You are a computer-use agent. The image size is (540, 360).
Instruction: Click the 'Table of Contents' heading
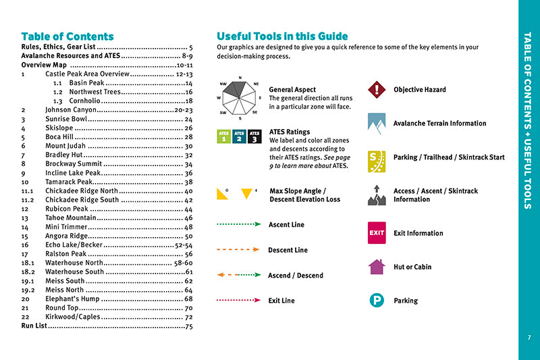(67, 36)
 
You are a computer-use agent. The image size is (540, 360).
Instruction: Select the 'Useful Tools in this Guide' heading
(282, 36)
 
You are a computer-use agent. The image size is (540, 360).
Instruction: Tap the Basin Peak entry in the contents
(87, 83)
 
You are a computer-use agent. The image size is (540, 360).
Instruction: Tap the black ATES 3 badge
(254, 137)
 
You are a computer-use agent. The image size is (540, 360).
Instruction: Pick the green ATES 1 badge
(224, 137)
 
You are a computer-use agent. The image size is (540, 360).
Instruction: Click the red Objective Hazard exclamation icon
(376, 90)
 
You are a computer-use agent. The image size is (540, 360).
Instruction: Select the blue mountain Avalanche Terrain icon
(376, 123)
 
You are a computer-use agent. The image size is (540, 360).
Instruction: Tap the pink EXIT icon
(376, 233)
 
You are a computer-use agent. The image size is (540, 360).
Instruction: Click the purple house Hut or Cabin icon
(376, 267)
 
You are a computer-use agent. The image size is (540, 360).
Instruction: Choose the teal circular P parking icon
(376, 301)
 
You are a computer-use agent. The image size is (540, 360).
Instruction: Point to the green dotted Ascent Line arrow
(238, 224)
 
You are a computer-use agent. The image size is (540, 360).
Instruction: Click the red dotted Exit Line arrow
(238, 301)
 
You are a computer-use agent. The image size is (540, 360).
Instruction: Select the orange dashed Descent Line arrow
(238, 250)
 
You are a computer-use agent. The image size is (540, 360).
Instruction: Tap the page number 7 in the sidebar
(529, 338)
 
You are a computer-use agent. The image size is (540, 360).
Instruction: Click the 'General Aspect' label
(292, 89)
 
